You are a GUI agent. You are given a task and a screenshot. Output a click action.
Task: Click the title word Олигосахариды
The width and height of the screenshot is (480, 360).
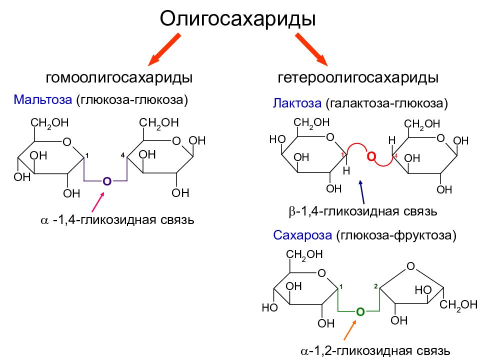(x=237, y=19)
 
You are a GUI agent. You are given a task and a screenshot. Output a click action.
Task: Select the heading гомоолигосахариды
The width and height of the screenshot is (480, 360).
(x=119, y=77)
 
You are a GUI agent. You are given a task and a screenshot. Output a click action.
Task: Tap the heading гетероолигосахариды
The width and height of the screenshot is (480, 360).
(x=358, y=77)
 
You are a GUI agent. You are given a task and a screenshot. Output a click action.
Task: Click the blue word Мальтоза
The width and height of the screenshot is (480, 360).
(x=43, y=99)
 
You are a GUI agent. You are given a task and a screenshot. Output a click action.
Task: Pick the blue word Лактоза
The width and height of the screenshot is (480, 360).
(x=297, y=103)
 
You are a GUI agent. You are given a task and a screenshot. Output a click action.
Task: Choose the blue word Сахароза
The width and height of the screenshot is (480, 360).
(x=302, y=235)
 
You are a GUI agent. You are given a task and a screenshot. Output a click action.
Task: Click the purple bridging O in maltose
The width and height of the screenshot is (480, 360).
(x=107, y=181)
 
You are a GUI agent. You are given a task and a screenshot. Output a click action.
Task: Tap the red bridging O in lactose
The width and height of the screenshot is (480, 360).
(x=371, y=156)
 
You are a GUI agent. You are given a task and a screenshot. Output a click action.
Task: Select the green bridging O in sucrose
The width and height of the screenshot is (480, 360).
(x=360, y=312)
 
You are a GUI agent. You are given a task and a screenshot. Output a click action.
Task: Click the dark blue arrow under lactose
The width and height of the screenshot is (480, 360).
(x=362, y=192)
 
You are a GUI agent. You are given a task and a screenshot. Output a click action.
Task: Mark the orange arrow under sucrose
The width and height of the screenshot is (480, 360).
(x=350, y=330)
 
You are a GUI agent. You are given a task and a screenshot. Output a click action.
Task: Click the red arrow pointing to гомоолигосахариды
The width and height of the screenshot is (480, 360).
(x=164, y=49)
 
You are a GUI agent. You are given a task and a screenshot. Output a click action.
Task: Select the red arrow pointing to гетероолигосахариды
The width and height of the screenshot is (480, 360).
(x=311, y=49)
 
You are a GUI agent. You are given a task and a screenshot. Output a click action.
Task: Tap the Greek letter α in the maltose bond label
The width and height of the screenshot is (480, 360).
(x=44, y=220)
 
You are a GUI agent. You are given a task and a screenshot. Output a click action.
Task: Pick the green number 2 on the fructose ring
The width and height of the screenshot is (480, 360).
(x=376, y=286)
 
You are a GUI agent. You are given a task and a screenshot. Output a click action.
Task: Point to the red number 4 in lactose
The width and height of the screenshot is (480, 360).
(x=396, y=156)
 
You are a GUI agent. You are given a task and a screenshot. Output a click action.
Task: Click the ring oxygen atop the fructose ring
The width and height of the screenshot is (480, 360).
(x=411, y=266)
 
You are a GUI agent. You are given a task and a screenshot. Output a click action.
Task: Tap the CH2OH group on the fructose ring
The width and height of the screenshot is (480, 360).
(x=458, y=305)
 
